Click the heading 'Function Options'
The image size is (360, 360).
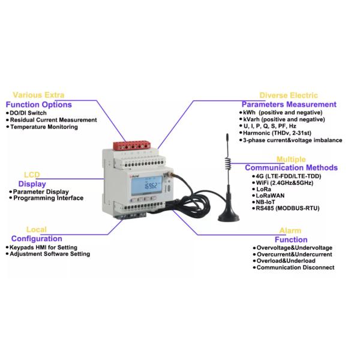39,104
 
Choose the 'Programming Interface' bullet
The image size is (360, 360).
49,198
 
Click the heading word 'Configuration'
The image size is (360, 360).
37,239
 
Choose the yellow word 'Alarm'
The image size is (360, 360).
290,231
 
